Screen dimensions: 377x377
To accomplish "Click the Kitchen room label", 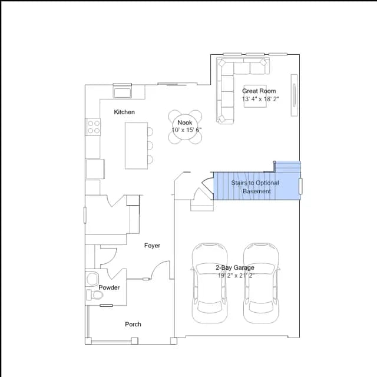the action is click(124, 112).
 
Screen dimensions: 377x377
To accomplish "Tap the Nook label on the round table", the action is click(184, 123).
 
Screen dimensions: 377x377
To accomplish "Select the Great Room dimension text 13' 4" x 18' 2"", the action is click(260, 99).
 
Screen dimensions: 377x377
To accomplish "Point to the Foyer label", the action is click(152, 246).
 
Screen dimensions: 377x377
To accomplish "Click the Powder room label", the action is click(109, 287).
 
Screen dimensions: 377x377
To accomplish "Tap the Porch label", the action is click(133, 325).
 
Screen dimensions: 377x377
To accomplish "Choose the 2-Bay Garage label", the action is click(234, 267).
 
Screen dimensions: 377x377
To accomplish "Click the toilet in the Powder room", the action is click(95, 295).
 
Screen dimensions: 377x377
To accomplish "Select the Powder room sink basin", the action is click(92, 279).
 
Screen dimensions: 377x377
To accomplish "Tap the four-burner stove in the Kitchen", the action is click(93, 127).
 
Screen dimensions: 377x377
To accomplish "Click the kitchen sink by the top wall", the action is click(122, 91).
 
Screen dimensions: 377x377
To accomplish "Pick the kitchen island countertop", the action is click(136, 145).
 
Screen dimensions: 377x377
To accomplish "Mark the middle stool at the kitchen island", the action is click(150, 145).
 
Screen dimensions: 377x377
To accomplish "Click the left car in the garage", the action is click(210, 283).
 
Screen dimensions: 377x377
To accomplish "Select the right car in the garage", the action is click(261, 283).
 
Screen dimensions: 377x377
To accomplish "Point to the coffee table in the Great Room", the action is click(255, 96).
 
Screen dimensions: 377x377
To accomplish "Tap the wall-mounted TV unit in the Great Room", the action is click(294, 95).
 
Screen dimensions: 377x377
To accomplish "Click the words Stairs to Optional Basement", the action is click(255, 187).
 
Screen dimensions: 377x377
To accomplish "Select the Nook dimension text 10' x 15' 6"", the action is click(187, 130).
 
